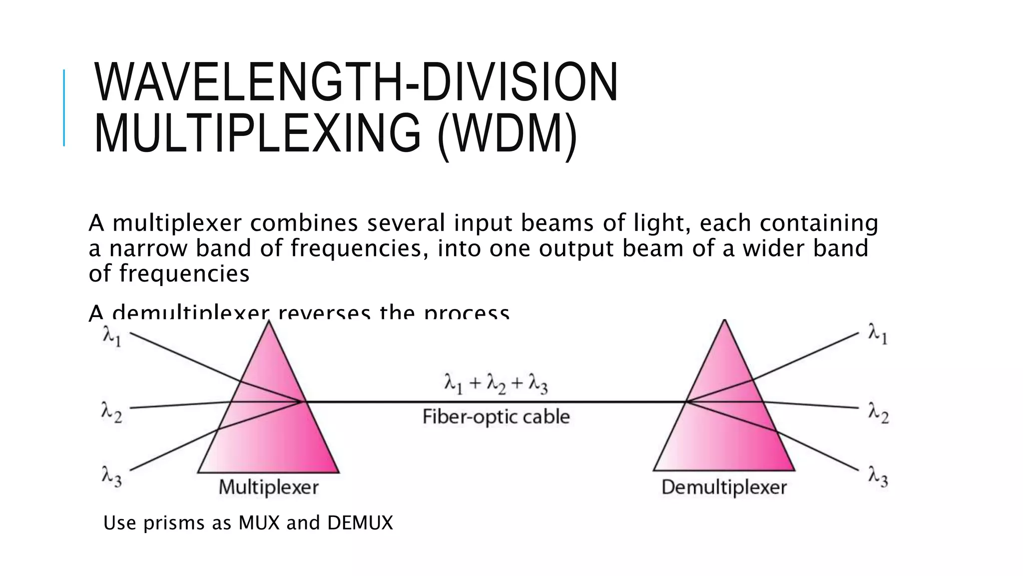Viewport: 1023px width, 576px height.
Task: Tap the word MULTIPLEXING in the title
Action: [257, 133]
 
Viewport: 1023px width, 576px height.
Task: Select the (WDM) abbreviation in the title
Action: [508, 133]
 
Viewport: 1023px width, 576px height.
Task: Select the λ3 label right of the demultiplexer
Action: [878, 476]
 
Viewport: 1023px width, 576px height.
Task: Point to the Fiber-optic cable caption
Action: [496, 416]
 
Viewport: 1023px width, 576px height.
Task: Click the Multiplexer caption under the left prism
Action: [269, 487]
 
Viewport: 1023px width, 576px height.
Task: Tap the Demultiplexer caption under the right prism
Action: [724, 487]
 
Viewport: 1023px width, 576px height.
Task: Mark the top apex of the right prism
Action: [725, 321]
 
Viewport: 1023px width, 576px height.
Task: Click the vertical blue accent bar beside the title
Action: [64, 107]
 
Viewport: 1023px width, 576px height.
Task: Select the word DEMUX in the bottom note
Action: [360, 523]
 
